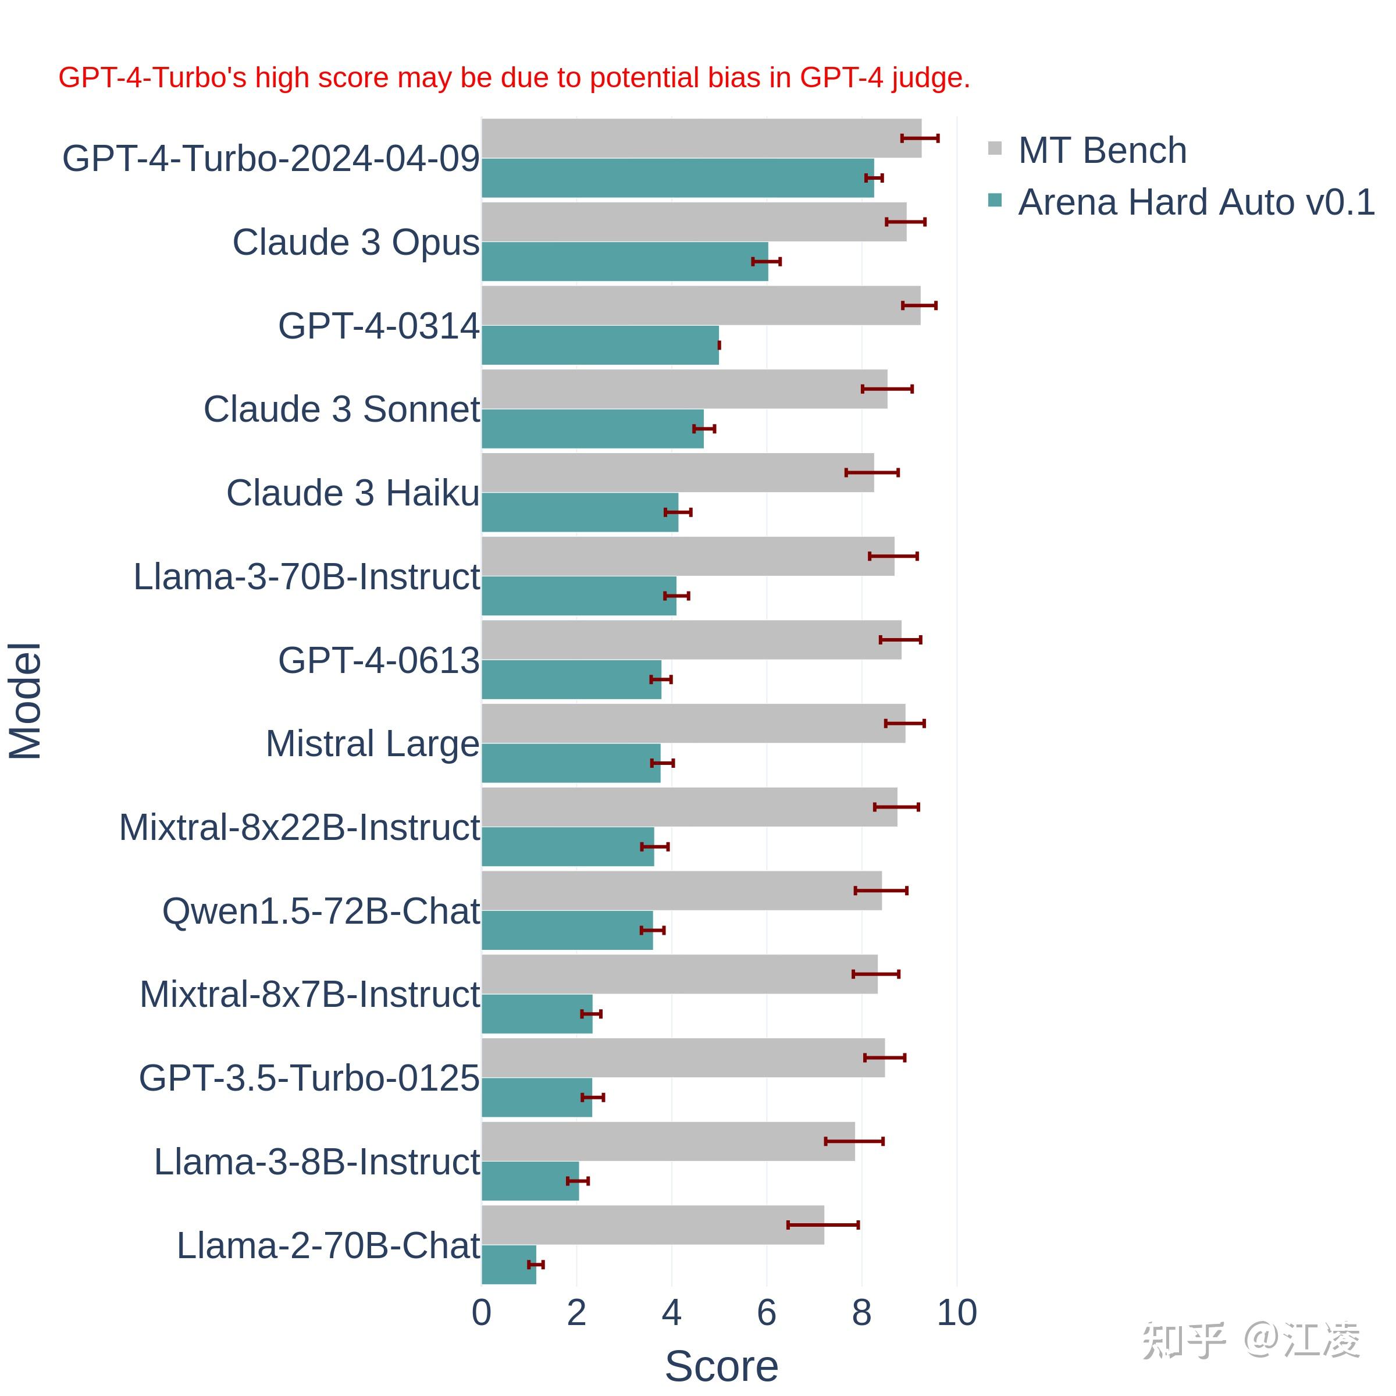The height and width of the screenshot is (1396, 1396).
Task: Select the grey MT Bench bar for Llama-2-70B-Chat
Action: [653, 1225]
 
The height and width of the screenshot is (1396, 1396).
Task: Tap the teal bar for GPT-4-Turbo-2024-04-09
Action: [677, 178]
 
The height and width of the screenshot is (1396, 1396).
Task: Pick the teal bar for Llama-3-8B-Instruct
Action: [530, 1181]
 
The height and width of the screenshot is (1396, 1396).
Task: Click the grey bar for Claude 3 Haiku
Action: [677, 472]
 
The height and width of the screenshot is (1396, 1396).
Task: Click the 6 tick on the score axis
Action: [767, 1312]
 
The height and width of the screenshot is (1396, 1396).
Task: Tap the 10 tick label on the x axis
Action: [957, 1312]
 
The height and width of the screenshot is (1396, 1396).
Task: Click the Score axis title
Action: [721, 1366]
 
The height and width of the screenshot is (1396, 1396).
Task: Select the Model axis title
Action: [25, 700]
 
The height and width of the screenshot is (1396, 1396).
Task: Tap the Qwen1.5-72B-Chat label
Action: [321, 911]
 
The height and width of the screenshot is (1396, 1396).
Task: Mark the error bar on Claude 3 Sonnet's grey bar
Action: [886, 389]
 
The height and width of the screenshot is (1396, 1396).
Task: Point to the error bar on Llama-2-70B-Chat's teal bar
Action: [535, 1265]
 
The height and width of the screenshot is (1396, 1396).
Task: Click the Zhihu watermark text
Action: [1251, 1340]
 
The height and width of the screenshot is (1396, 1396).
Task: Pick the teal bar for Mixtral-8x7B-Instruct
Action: [536, 1014]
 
